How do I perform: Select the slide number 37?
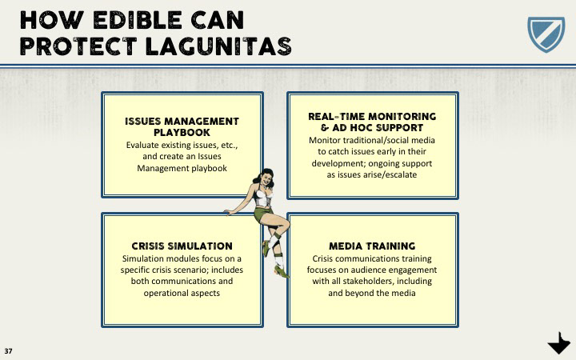[9, 350]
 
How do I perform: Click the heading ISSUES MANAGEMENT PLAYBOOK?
[182, 126]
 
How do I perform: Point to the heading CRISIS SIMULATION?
[182, 246]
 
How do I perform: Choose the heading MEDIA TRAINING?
[372, 246]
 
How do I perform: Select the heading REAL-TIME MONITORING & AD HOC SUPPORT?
[372, 122]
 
